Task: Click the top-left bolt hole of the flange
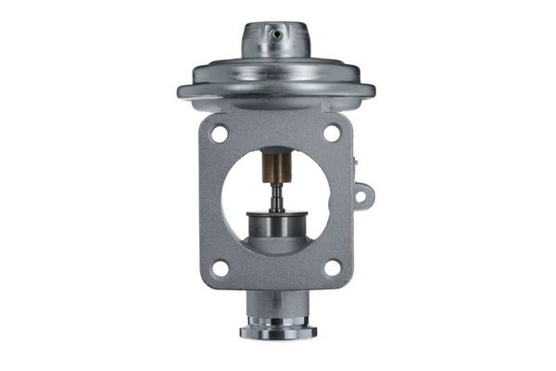220,134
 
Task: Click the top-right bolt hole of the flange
332,133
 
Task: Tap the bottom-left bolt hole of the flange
221,268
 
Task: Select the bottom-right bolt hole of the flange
332,267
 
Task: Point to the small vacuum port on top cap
275,34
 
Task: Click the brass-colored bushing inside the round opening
276,169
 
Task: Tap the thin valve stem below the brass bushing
276,197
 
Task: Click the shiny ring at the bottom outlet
277,330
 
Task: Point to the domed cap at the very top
275,39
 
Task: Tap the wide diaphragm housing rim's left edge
183,92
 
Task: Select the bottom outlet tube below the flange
277,307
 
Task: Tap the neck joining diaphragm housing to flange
276,109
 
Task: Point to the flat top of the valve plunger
276,214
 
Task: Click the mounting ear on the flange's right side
362,196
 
